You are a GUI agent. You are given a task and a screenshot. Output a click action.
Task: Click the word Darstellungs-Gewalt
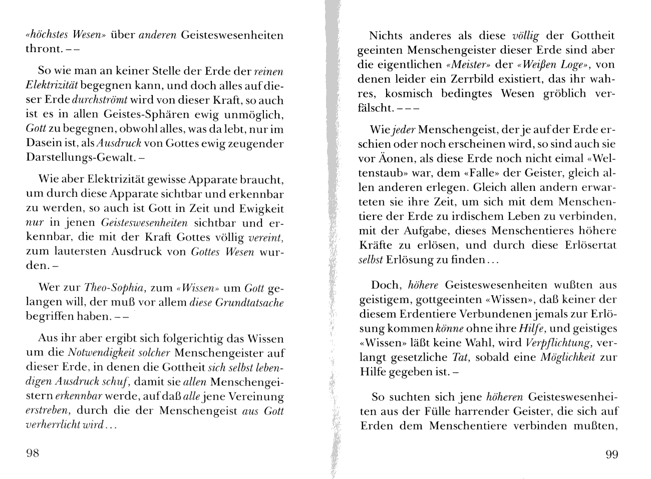pyautogui.click(x=80, y=158)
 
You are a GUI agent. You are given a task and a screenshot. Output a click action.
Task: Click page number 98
pyautogui.click(x=32, y=454)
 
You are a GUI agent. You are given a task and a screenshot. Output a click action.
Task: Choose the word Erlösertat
pyautogui.click(x=587, y=246)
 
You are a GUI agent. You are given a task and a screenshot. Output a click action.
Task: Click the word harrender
pyautogui.click(x=500, y=411)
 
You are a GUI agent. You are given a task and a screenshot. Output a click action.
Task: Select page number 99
pyautogui.click(x=612, y=454)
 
